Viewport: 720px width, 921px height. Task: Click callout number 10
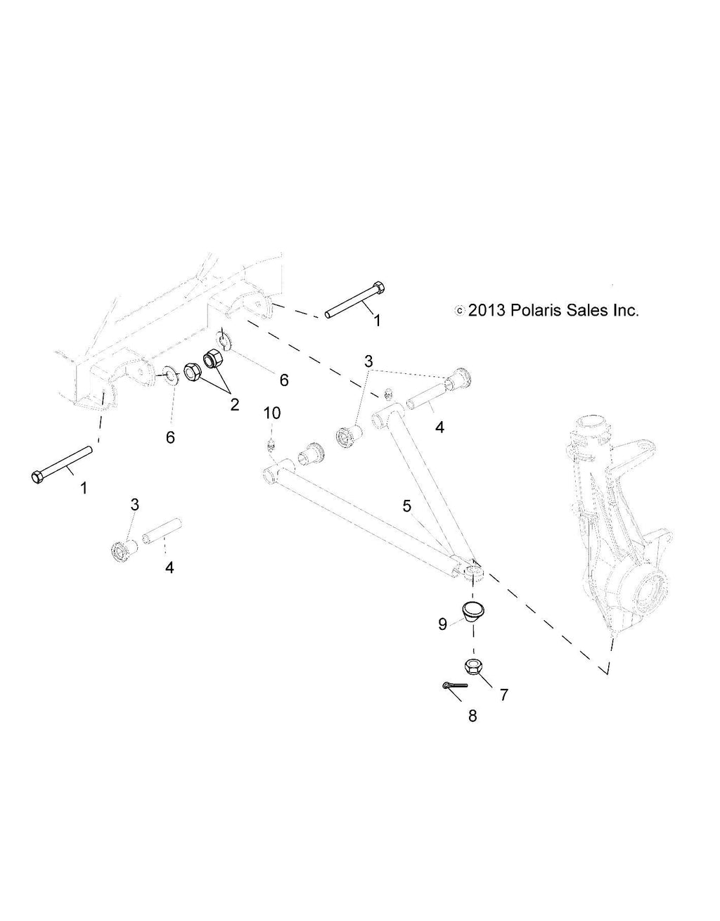(272, 413)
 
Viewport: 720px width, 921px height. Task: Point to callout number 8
(472, 716)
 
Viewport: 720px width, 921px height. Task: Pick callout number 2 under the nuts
(234, 404)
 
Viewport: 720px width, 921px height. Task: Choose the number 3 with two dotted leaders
(368, 361)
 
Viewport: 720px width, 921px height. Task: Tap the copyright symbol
(460, 310)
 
